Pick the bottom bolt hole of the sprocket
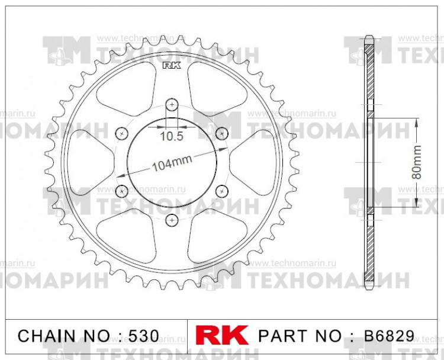(x=172, y=220)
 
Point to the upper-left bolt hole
(x=122, y=132)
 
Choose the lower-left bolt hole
(x=122, y=191)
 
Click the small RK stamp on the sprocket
(x=170, y=66)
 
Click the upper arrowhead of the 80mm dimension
(x=417, y=120)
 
